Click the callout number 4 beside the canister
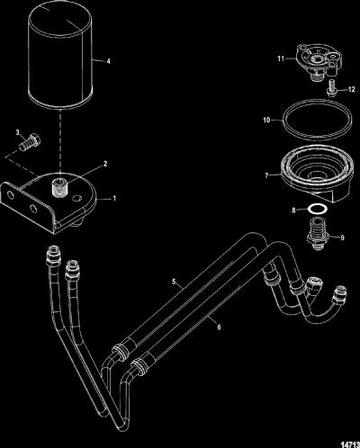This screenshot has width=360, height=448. pos(108,61)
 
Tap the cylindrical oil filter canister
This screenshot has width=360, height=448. pos(60,56)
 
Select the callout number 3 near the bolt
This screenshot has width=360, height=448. pos(18,132)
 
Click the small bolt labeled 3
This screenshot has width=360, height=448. pos(30,142)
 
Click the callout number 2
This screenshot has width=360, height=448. pos(105,164)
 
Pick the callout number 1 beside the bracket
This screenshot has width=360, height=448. pos(114,199)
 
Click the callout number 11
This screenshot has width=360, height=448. pos(281,58)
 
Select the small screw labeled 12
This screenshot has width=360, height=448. pos(332,88)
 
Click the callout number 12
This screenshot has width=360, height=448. pos(352,89)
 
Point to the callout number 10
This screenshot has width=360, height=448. pos(266,120)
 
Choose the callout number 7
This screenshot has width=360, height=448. pos(266,175)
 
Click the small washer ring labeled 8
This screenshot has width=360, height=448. pos(318,209)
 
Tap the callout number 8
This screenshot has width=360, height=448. pos(293,211)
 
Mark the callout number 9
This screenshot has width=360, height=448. pos(342,237)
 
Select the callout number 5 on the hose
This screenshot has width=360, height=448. pos(174,282)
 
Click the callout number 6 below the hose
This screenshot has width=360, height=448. pos(219,327)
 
